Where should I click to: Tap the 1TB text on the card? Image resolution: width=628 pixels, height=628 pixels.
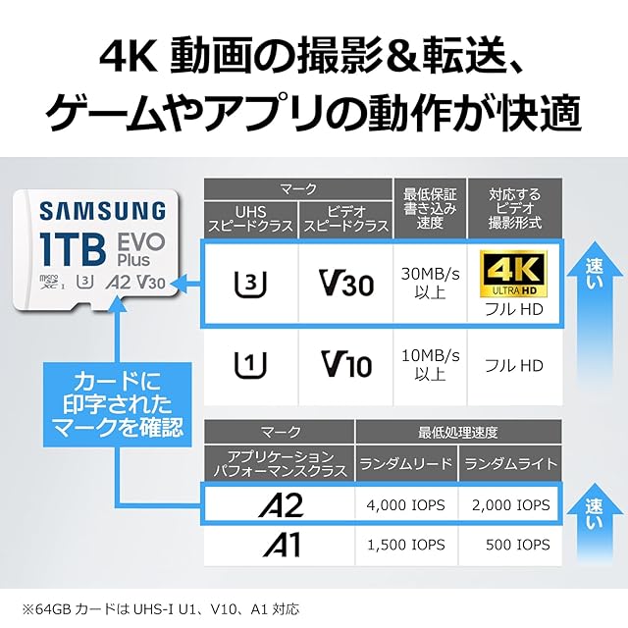click(x=73, y=247)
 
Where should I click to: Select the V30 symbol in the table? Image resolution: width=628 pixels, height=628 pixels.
click(x=346, y=285)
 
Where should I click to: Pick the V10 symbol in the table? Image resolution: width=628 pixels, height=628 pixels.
click(x=346, y=366)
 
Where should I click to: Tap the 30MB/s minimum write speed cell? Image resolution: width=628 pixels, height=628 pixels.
click(x=429, y=285)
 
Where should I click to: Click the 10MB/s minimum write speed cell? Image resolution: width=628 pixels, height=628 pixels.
click(x=429, y=366)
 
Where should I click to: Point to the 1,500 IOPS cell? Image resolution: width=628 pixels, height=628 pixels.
click(x=405, y=545)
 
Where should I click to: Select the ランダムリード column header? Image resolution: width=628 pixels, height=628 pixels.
click(x=405, y=463)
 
